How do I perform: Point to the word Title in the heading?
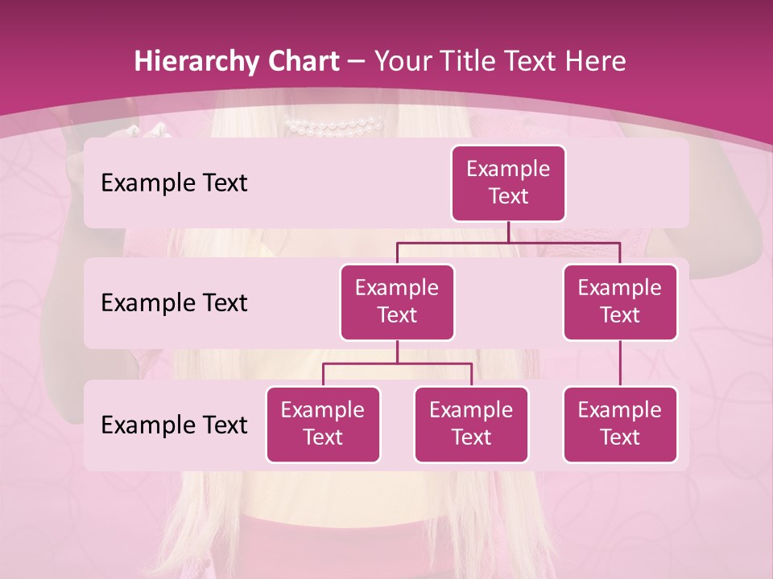pyautogui.click(x=471, y=62)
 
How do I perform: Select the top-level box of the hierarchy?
pyautogui.click(x=508, y=183)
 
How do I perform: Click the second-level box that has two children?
pyautogui.click(x=397, y=302)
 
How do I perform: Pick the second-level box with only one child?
pyautogui.click(x=620, y=302)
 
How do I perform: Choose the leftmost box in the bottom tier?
pyautogui.click(x=323, y=425)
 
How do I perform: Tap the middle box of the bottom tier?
pyautogui.click(x=471, y=425)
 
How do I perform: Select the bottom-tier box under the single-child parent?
pyautogui.click(x=620, y=425)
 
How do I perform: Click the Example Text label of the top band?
pyautogui.click(x=174, y=183)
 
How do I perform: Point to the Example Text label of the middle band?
pyautogui.click(x=174, y=303)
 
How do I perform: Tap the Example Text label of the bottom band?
pyautogui.click(x=174, y=425)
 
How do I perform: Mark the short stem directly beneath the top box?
pyautogui.click(x=508, y=232)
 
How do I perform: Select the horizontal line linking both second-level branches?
pyautogui.click(x=508, y=242)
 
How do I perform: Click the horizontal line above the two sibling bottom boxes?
pyautogui.click(x=397, y=363)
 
